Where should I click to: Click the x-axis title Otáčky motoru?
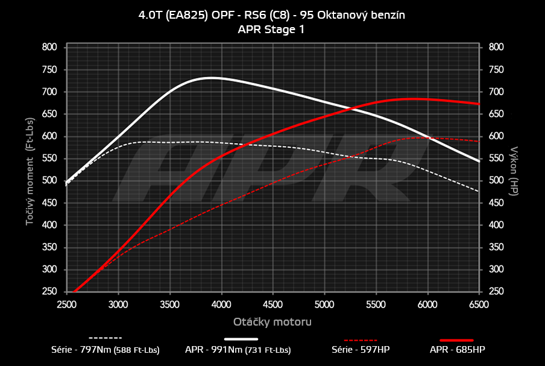click(x=272, y=322)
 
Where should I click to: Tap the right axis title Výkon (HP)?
click(x=514, y=171)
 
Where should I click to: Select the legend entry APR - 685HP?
click(x=457, y=349)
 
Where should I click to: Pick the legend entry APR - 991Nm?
click(x=238, y=349)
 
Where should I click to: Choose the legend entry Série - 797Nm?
click(x=106, y=349)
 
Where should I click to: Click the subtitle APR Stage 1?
click(x=272, y=29)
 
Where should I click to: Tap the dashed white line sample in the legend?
click(x=106, y=338)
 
